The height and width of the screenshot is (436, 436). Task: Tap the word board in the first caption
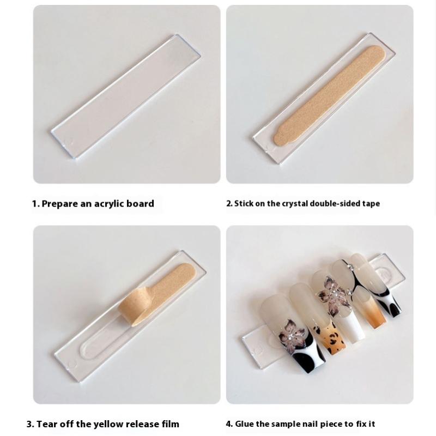(140, 203)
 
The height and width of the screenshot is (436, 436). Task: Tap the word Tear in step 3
(46, 424)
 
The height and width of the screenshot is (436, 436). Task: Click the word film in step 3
(170, 424)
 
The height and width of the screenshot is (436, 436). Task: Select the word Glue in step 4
(244, 424)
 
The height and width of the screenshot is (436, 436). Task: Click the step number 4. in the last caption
(229, 424)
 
